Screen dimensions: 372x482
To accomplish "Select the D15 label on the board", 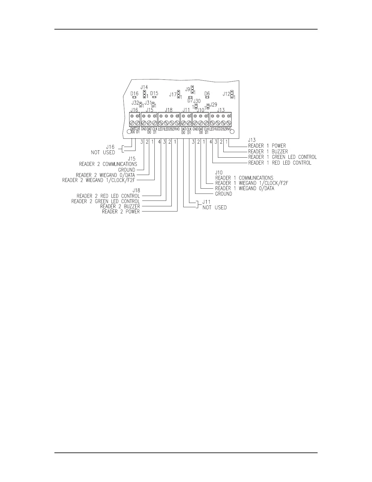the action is [x=154, y=93].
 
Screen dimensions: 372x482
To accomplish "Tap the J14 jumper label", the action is [x=144, y=87].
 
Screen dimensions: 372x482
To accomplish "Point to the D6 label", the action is [x=207, y=93].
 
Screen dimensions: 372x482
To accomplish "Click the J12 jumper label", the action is [x=226, y=94].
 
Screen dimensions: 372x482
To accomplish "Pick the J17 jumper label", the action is [x=173, y=95].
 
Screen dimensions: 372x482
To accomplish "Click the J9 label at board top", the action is [x=188, y=89].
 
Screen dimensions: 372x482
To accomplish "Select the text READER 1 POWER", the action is [x=267, y=146].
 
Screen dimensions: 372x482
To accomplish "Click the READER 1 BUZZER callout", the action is [x=268, y=151].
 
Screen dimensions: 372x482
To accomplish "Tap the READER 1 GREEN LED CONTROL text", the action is [x=282, y=157].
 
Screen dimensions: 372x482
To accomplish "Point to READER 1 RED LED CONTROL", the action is [x=280, y=163].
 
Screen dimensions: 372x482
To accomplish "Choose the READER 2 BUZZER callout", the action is [x=120, y=206].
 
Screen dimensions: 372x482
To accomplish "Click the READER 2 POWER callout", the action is [x=121, y=211].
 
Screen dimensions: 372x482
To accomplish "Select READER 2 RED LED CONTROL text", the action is [x=108, y=196].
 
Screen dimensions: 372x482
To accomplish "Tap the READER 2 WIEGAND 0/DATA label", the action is [x=105, y=175].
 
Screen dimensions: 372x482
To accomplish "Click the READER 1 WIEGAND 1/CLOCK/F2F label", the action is [x=251, y=183].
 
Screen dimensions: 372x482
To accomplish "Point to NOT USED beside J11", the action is [x=214, y=208].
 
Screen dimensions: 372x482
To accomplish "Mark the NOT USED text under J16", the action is [x=103, y=152].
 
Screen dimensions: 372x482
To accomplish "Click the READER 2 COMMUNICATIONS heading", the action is [x=108, y=164].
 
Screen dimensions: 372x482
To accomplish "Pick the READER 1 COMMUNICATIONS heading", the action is [x=244, y=178].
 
